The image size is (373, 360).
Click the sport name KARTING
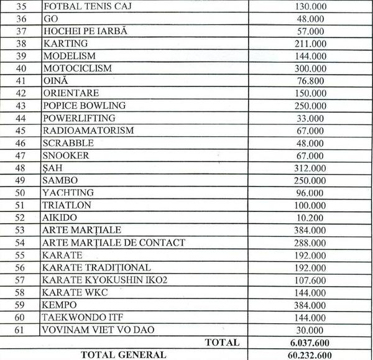pyautogui.click(x=65, y=44)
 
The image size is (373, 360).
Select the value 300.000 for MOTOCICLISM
pyautogui.click(x=310, y=68)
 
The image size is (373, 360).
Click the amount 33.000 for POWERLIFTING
pyautogui.click(x=310, y=118)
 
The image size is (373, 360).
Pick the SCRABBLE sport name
pyautogui.click(x=69, y=143)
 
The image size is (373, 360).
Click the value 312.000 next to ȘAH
pyautogui.click(x=310, y=168)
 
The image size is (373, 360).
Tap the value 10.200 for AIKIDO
pyautogui.click(x=310, y=218)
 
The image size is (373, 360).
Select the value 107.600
pyautogui.click(x=310, y=280)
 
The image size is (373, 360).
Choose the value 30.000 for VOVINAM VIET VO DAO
pyautogui.click(x=310, y=330)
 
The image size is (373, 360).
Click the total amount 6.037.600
pyautogui.click(x=310, y=342)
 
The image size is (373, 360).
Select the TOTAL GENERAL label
pyautogui.click(x=123, y=354)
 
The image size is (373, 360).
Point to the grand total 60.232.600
pyautogui.click(x=310, y=354)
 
